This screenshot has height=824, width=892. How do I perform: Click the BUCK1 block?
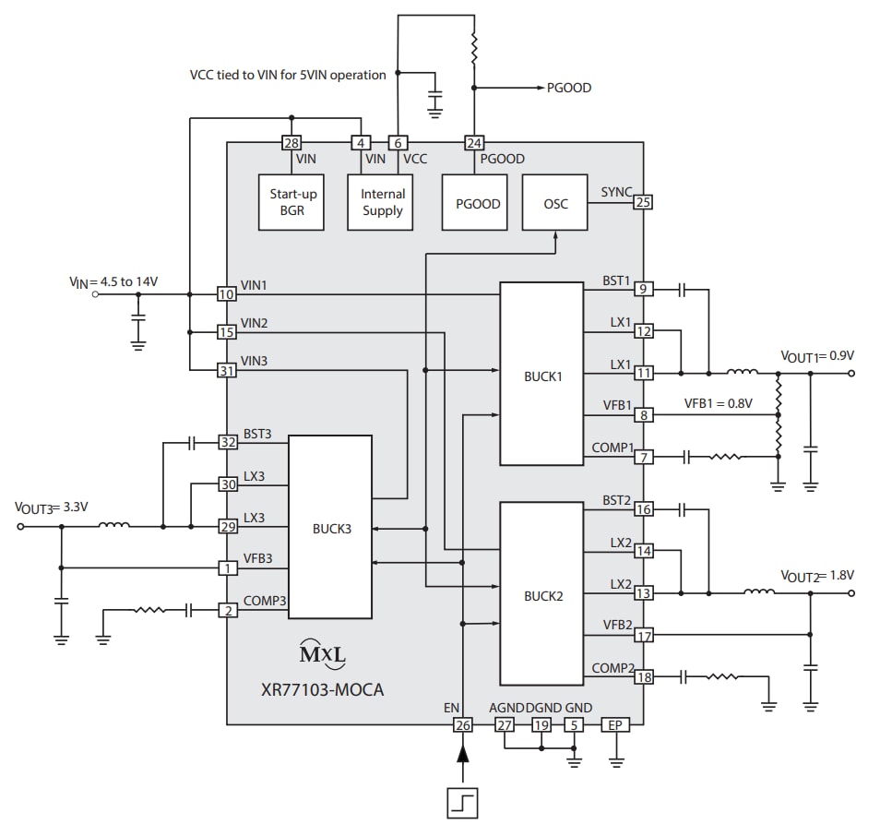point(541,374)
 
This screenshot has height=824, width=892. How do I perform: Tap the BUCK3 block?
point(330,528)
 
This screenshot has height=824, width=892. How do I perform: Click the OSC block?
point(555,203)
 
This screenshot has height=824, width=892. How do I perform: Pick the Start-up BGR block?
point(293,203)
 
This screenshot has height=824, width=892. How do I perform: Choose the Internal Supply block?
point(383,203)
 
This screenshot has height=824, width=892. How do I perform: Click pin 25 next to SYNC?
point(643,202)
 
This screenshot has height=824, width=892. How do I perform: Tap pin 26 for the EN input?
point(462,726)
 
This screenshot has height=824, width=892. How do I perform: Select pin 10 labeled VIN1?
point(226,294)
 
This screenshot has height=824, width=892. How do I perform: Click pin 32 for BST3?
point(227,442)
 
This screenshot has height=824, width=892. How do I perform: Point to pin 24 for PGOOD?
point(474,143)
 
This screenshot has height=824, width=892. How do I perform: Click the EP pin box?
point(615,726)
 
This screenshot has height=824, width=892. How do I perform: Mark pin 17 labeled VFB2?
point(643,635)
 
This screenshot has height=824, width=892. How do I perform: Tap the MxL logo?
point(324,654)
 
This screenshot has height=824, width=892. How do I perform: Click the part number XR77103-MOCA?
point(324,688)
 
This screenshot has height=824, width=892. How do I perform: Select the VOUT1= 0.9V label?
point(817,355)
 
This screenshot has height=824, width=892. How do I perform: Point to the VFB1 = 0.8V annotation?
point(718,403)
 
